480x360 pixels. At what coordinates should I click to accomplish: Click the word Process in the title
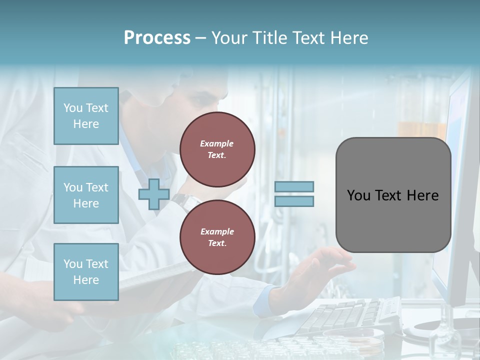[x=157, y=38]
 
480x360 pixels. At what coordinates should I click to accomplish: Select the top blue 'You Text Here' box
[x=86, y=116]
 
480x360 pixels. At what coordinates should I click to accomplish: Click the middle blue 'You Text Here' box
[x=86, y=195]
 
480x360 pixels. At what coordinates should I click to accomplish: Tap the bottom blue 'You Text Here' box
[x=86, y=271]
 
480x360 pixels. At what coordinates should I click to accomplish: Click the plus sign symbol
[x=153, y=194]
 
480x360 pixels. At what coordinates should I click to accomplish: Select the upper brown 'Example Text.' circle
[x=217, y=149]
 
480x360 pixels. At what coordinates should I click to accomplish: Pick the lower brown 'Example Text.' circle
[x=217, y=237]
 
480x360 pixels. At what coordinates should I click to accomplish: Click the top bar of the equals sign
[x=294, y=186]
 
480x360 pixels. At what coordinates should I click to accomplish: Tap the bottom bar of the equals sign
[x=294, y=201]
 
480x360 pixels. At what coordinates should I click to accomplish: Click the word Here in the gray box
[x=422, y=195]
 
